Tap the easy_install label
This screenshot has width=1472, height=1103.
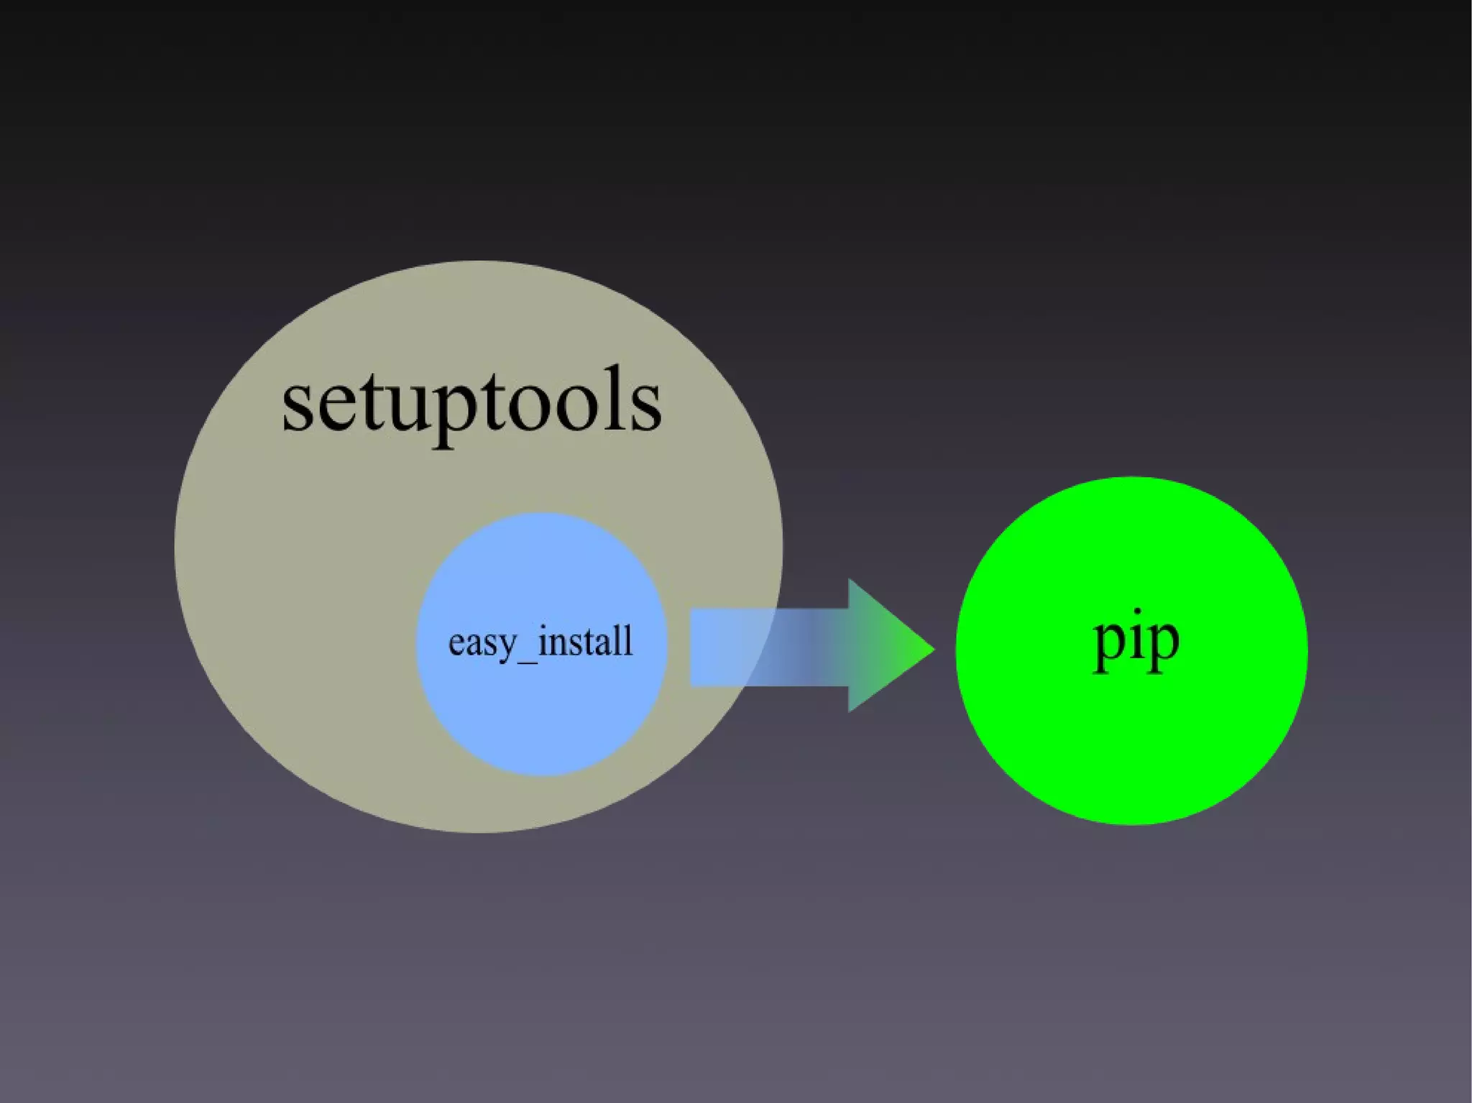click(x=540, y=642)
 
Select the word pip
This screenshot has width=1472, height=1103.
click(x=1136, y=641)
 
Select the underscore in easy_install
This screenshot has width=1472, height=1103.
click(x=526, y=660)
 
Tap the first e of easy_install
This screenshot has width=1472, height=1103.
click(x=457, y=643)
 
